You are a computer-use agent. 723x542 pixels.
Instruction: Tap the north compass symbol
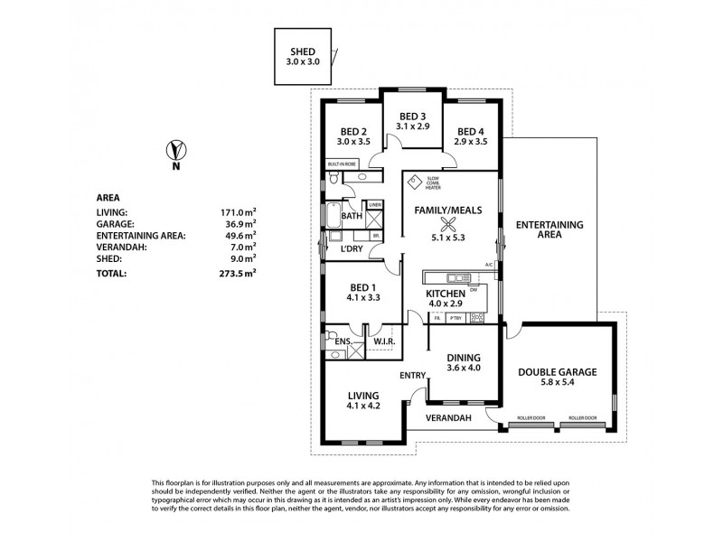pyautogui.click(x=176, y=151)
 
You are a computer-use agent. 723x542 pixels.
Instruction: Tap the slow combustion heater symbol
pyautogui.click(x=415, y=182)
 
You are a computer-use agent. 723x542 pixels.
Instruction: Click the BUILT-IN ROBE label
pyautogui.click(x=344, y=164)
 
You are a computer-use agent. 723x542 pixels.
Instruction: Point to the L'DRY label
pyautogui.click(x=352, y=248)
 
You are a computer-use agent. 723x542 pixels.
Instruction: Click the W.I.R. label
pyautogui.click(x=382, y=341)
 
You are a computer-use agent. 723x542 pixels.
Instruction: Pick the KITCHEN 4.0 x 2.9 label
pyautogui.click(x=446, y=299)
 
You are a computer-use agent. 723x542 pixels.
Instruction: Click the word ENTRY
pyautogui.click(x=411, y=375)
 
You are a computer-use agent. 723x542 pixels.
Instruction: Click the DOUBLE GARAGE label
pyautogui.click(x=556, y=371)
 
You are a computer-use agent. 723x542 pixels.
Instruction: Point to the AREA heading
pyautogui.click(x=108, y=197)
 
